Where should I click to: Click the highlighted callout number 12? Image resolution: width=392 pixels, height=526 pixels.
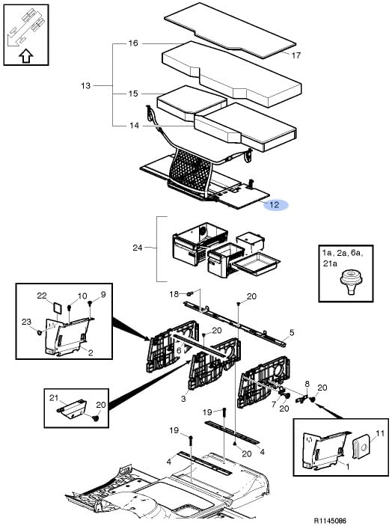click(275, 204)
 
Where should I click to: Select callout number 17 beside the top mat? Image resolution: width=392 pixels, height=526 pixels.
click(295, 55)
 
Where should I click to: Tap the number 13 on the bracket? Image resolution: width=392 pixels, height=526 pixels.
click(86, 86)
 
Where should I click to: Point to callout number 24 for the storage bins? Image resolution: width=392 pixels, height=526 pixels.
click(138, 248)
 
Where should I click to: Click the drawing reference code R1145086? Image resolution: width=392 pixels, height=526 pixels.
click(330, 520)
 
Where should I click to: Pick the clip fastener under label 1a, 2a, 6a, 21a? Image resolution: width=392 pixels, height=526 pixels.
click(351, 281)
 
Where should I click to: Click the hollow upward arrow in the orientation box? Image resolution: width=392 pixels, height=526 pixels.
click(26, 56)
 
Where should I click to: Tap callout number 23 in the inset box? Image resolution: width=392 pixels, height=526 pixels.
click(26, 322)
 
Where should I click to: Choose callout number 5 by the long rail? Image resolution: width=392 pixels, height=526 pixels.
click(292, 332)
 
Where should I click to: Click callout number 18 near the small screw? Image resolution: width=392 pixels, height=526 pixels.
click(174, 294)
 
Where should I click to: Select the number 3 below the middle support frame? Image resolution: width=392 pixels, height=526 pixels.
click(183, 399)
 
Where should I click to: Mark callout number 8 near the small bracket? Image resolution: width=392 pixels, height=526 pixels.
click(307, 383)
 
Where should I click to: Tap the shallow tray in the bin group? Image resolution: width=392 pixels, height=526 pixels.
click(257, 263)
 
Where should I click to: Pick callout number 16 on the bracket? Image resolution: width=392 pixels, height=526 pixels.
click(133, 43)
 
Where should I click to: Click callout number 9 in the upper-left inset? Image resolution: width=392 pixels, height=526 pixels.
click(103, 295)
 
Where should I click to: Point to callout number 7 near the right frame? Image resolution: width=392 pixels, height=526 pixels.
click(274, 404)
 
